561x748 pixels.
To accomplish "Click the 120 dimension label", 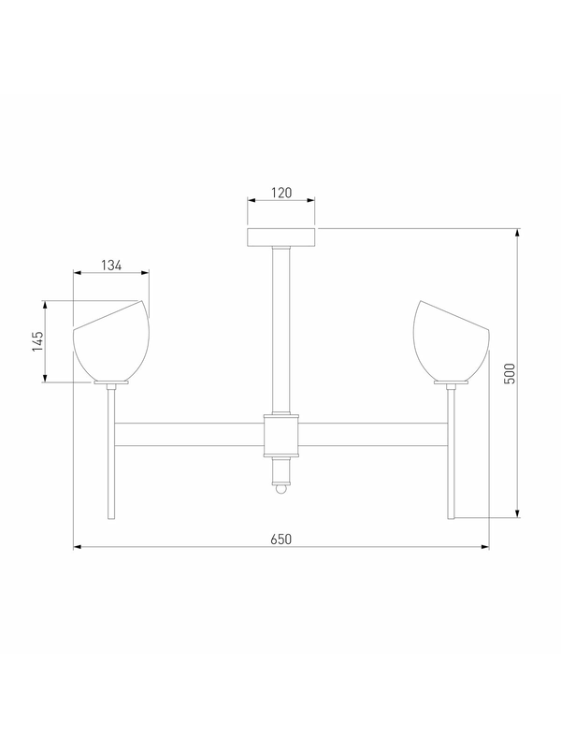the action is click(x=281, y=193).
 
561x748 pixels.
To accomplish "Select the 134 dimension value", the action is click(x=111, y=266).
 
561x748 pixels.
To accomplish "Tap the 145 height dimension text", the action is click(x=37, y=341).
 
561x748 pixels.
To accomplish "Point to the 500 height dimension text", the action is click(x=510, y=373).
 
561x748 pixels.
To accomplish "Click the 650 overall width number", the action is click(x=281, y=539).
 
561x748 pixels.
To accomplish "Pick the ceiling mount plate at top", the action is click(x=281, y=237).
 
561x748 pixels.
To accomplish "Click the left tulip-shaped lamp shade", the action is click(x=111, y=340).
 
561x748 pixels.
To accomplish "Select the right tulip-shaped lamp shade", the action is click(x=452, y=340).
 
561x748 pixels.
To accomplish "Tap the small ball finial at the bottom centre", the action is click(x=281, y=489).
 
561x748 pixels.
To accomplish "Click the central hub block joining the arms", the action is click(x=281, y=435).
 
